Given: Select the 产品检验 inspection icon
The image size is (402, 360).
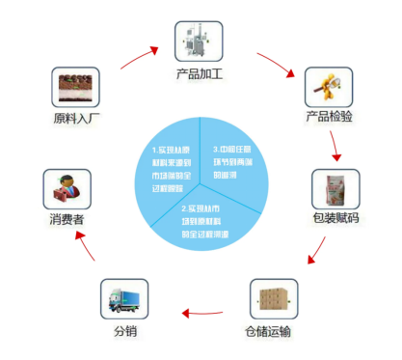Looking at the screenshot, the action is click(326, 88).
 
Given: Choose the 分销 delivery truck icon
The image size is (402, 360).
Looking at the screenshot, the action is click(124, 299).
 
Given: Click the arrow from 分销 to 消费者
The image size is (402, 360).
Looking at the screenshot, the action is click(85, 252).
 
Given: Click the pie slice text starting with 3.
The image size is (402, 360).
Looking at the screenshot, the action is click(235, 162).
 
